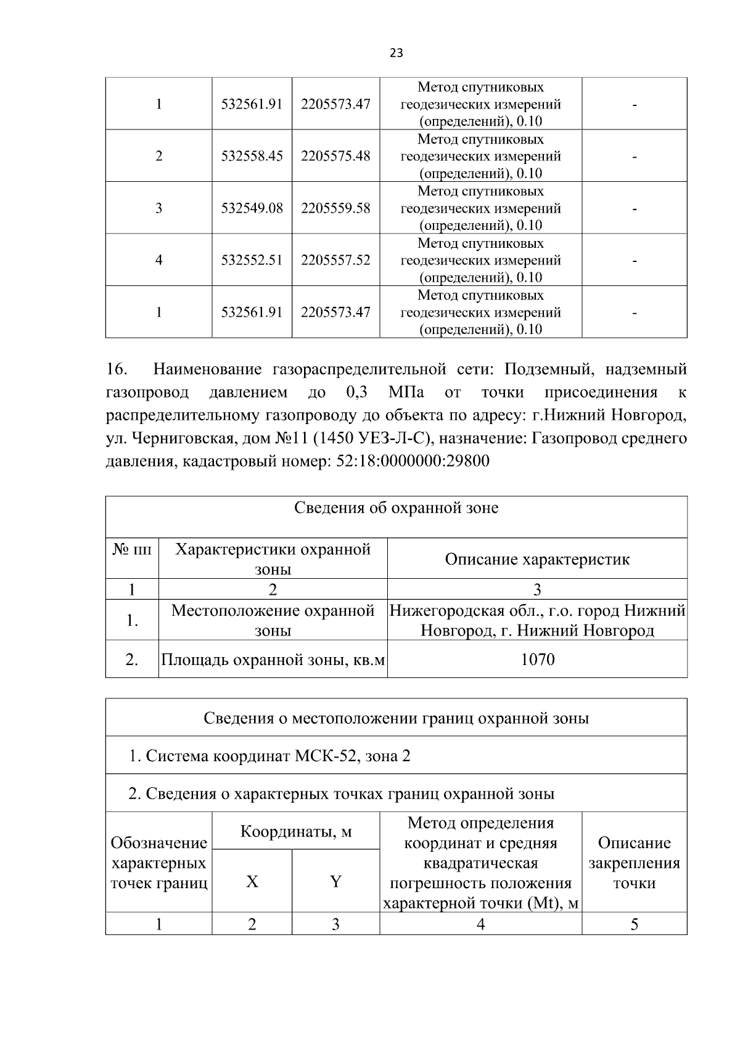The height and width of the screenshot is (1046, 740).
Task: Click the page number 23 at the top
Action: (396, 53)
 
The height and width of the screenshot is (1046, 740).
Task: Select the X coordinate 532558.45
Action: (252, 156)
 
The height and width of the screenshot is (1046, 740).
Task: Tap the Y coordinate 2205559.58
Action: (335, 208)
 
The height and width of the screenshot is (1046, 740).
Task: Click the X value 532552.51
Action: (252, 260)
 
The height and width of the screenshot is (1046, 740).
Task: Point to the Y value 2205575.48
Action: (335, 156)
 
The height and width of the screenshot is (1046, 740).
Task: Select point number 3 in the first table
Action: (158, 208)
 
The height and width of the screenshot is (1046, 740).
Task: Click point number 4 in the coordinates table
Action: (158, 260)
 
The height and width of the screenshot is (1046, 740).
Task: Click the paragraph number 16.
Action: (116, 370)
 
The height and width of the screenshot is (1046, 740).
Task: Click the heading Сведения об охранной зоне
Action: (396, 509)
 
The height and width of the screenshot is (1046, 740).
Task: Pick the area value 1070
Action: (537, 660)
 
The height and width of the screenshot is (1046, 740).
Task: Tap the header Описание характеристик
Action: (537, 560)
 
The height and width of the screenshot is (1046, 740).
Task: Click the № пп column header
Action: (132, 550)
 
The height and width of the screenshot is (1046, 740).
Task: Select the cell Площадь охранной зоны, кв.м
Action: (273, 660)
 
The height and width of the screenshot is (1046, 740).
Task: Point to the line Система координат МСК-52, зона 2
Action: (269, 756)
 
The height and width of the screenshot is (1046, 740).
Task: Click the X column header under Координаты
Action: (252, 882)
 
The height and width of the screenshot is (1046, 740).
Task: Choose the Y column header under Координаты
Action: (335, 882)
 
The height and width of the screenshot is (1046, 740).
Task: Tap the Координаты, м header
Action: (295, 831)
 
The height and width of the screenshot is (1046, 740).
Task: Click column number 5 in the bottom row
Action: (634, 924)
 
